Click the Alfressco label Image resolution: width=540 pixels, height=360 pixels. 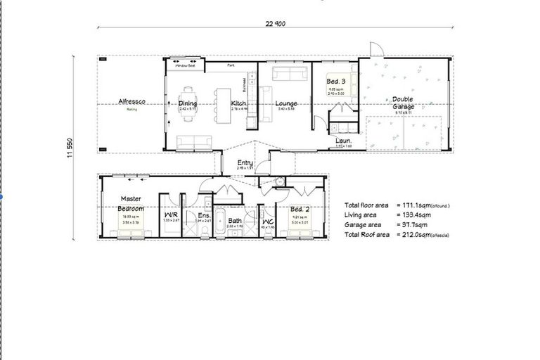coord(131,103)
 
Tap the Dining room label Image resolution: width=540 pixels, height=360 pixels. coord(188,103)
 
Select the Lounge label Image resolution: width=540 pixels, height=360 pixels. coord(287,103)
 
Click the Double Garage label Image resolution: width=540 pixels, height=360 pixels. coord(403,103)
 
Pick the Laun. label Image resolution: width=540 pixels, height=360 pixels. coord(343,141)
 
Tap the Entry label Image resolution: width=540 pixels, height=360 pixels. coord(245,162)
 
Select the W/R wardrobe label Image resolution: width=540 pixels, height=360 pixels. coord(171,215)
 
